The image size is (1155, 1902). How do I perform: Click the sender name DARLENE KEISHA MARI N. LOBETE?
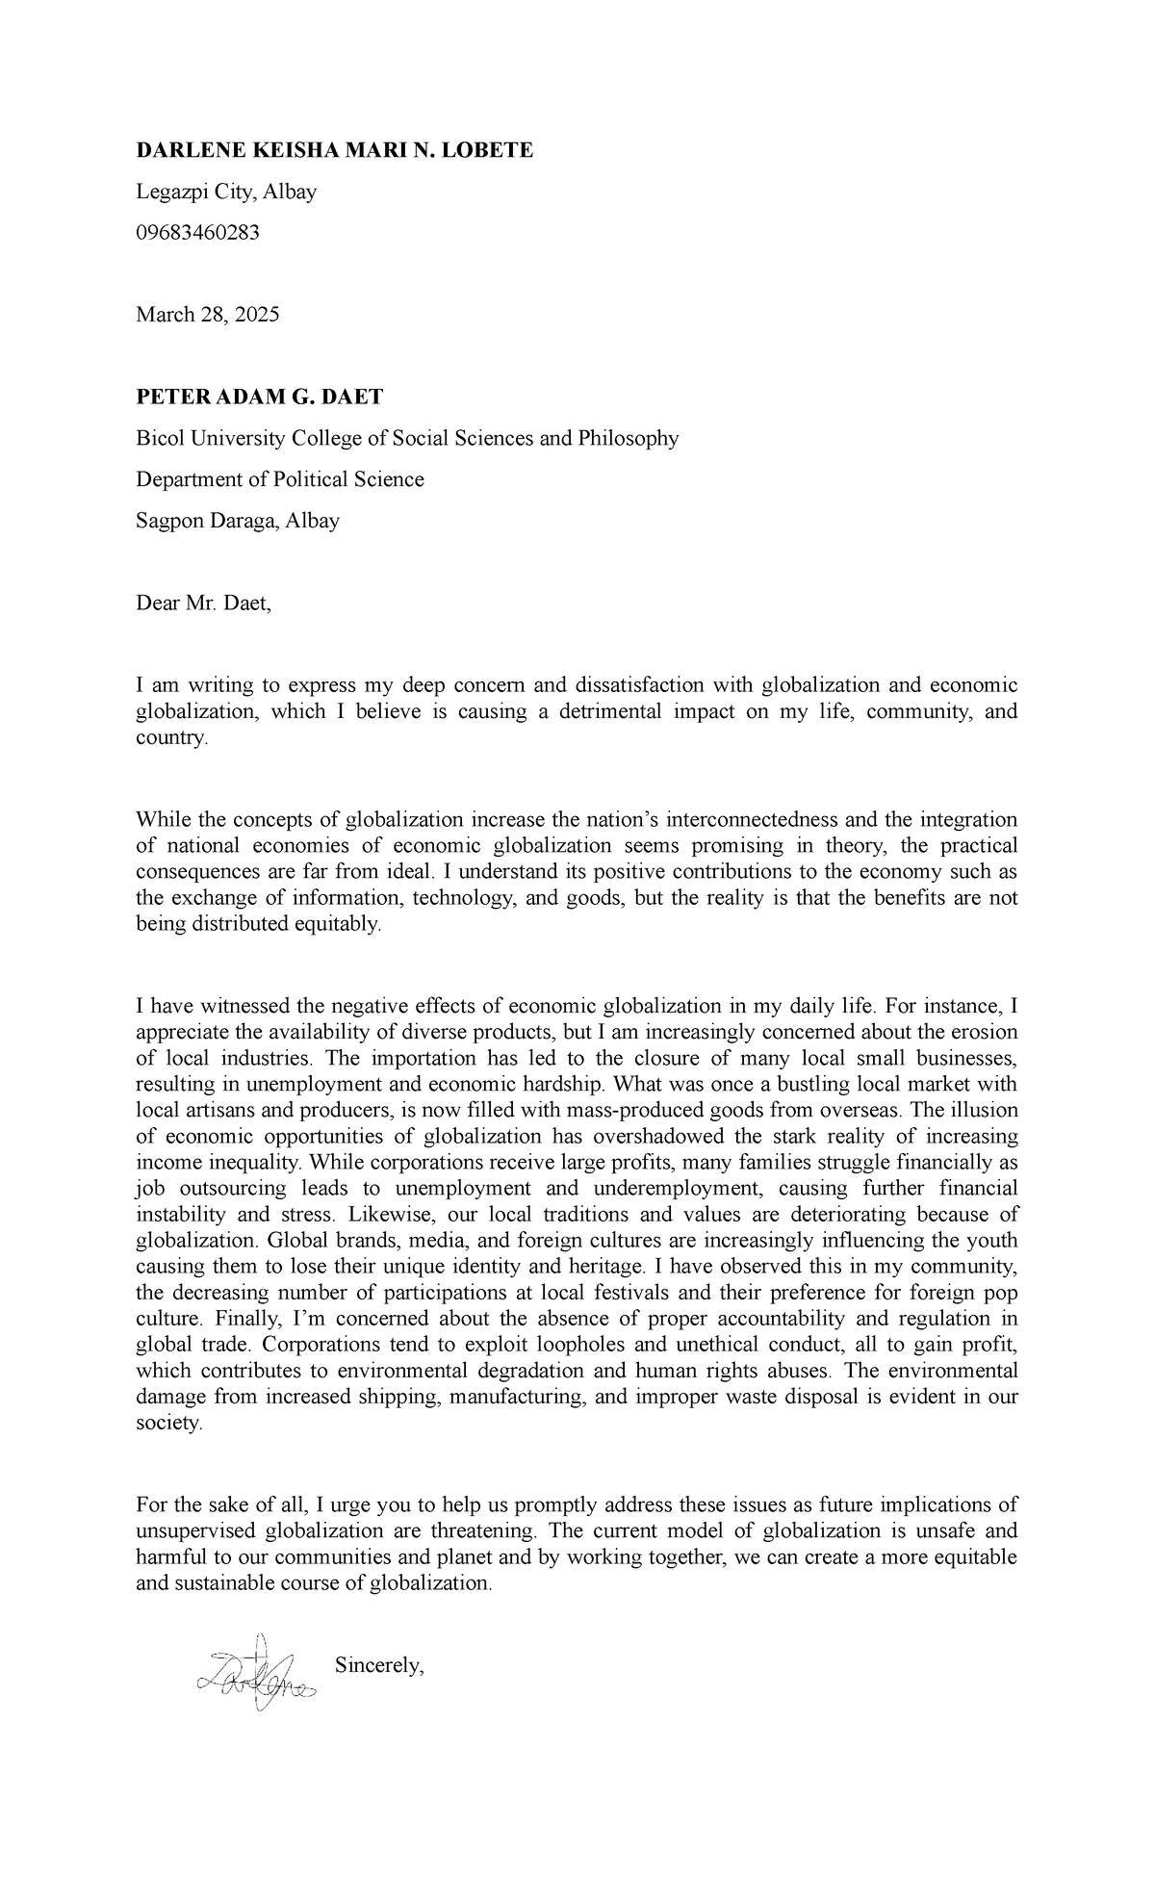[x=334, y=150]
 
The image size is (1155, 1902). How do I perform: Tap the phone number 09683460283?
[x=197, y=232]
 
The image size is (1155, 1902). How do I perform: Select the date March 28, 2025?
[x=207, y=315]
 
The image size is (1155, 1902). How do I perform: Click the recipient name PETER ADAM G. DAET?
[x=259, y=397]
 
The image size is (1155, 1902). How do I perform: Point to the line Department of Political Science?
[x=279, y=479]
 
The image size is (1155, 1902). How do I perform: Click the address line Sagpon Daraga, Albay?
[x=237, y=521]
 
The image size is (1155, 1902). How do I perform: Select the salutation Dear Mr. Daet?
[x=203, y=604]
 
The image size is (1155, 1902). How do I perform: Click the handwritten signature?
[x=254, y=1673]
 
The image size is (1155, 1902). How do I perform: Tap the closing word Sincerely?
[x=379, y=1665]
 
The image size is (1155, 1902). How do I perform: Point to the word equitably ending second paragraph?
[x=342, y=924]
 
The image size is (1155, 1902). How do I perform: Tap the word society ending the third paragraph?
[x=168, y=1422]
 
